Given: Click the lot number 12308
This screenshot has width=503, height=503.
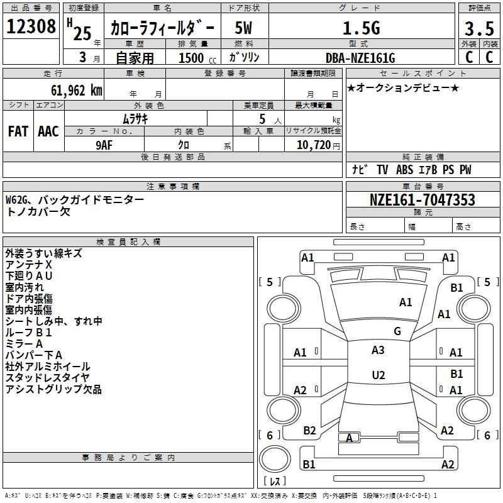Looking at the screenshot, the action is click(31, 26).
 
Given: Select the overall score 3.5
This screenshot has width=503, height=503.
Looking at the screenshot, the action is click(479, 28).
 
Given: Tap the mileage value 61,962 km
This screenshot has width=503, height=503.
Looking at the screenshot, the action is click(77, 90).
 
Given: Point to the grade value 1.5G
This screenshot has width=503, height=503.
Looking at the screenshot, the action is click(362, 28).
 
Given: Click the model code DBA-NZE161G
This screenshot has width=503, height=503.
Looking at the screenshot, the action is click(360, 58).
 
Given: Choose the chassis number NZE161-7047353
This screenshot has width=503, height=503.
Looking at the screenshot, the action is click(423, 199).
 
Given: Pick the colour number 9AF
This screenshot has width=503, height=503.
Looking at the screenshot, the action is click(104, 145).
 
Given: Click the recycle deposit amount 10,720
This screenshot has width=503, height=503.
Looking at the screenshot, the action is click(314, 145).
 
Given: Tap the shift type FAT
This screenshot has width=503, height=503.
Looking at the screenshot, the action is click(18, 131).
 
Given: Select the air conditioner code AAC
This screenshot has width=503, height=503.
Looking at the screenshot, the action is click(48, 131).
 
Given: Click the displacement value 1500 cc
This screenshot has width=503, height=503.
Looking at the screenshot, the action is click(197, 58).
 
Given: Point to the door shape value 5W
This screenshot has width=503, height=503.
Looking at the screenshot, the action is click(243, 28).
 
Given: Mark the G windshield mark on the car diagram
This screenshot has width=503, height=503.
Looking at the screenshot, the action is click(397, 331).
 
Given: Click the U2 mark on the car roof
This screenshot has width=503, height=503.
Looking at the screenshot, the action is click(379, 375).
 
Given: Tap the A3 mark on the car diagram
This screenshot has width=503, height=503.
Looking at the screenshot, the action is click(378, 350).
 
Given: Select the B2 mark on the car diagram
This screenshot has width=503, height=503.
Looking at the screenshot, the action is click(309, 431).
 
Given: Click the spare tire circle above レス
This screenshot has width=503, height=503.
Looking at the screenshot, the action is click(275, 459).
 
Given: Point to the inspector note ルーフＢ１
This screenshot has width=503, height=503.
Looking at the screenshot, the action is click(28, 333).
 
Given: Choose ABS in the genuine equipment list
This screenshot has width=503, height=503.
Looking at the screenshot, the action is click(404, 170).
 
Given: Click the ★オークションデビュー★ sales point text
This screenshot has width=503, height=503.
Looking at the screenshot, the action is click(403, 88).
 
